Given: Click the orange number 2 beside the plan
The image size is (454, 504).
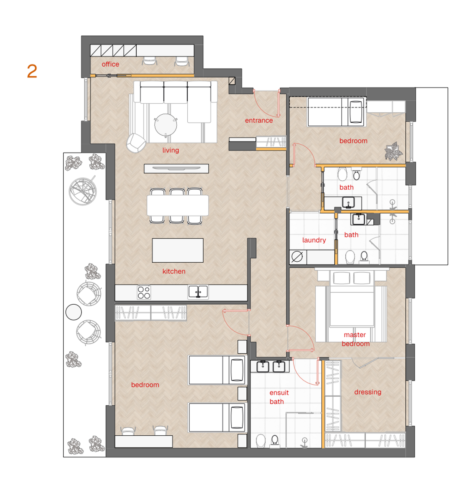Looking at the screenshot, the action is [32, 71].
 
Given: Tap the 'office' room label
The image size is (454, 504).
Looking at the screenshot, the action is [110, 64].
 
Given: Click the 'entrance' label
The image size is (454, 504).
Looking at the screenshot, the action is [259, 120].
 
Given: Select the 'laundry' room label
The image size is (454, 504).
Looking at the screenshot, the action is [314, 240].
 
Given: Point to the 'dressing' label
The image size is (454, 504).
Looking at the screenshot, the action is [368, 392].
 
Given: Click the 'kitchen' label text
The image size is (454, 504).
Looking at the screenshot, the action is [174, 271].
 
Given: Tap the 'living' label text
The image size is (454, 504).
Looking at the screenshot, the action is [170, 150].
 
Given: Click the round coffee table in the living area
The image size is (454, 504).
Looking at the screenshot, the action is [166, 125].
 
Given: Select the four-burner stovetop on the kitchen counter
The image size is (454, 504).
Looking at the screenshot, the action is [144, 292].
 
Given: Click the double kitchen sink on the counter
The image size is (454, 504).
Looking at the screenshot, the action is [198, 292].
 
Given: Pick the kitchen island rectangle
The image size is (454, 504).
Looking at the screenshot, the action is [178, 250].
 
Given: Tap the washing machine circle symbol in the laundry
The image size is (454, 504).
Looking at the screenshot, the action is [297, 257].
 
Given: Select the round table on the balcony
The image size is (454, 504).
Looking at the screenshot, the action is [74, 312].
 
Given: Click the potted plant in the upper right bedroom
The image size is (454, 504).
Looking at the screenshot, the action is [394, 151].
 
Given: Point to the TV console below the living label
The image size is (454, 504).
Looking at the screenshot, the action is [176, 169].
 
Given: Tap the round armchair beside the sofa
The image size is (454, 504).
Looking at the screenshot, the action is [136, 143].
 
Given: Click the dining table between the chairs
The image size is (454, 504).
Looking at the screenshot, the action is [178, 205].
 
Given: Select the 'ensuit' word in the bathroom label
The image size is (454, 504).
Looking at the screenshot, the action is [279, 393].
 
